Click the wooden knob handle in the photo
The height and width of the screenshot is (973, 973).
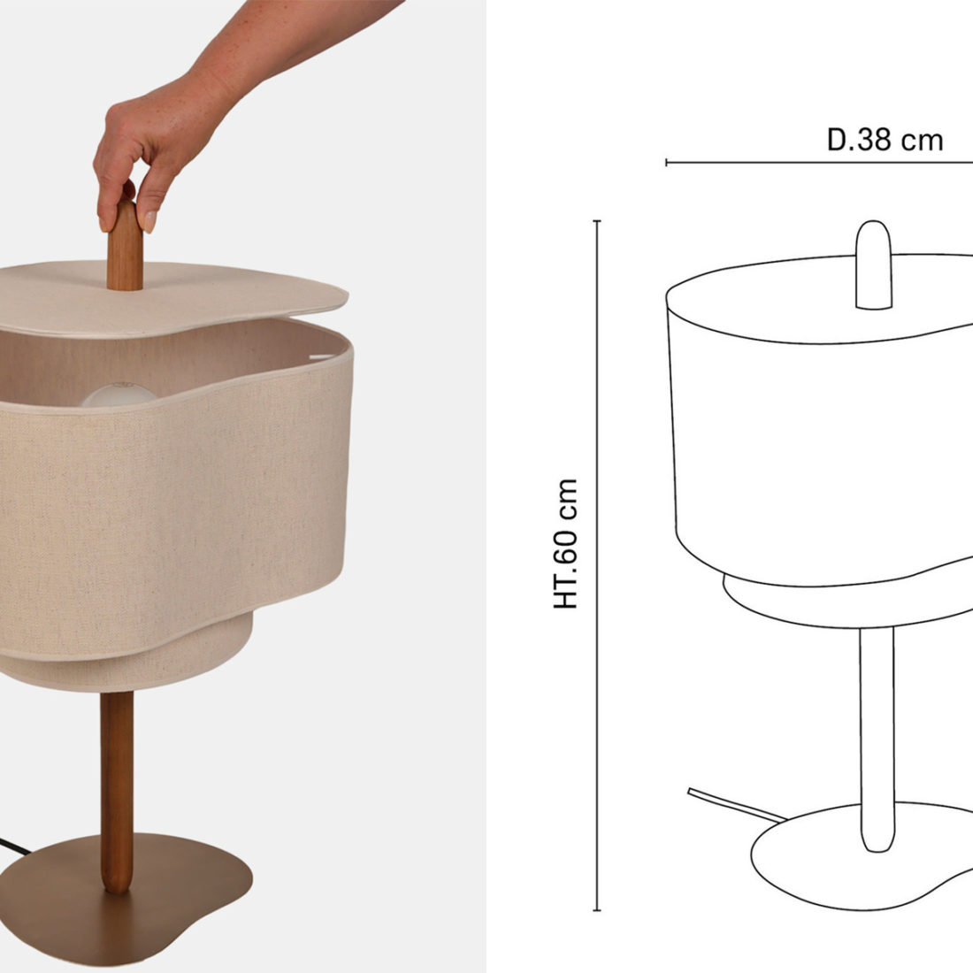point(124,249)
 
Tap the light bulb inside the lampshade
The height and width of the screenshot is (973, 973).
point(119,395)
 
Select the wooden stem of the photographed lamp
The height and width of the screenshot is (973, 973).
point(117,791)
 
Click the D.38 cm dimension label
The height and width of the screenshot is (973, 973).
point(885,141)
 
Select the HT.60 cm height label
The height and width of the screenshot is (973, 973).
point(566,544)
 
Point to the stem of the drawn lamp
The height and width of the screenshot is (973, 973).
point(877,739)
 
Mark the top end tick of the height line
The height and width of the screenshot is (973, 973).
point(597,221)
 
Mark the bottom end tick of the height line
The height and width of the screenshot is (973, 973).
point(597,910)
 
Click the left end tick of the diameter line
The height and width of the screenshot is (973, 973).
point(666,163)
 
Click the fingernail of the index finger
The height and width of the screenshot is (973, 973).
point(149,221)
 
